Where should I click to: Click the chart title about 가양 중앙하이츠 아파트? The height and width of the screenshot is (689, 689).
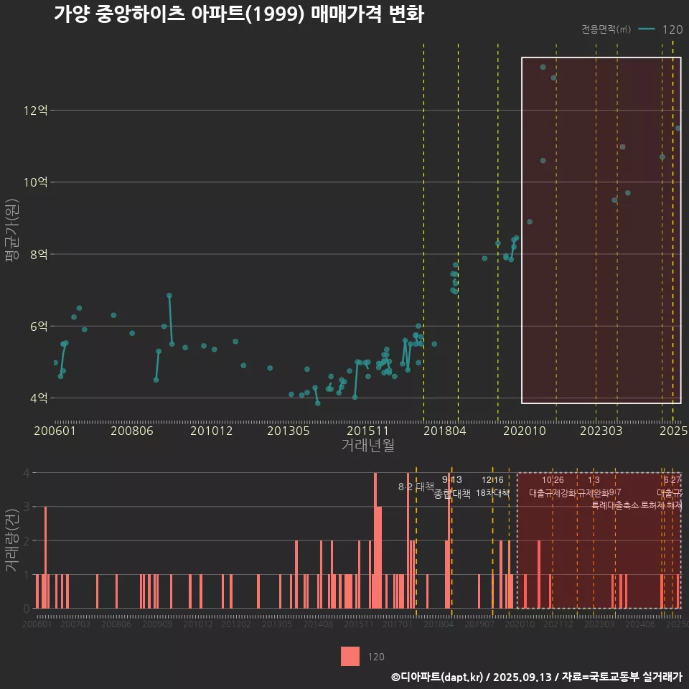[238, 14]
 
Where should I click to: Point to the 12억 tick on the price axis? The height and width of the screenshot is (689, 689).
[35, 111]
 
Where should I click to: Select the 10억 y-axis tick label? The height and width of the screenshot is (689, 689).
[35, 182]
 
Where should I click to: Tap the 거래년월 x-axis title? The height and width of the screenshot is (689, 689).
[367, 446]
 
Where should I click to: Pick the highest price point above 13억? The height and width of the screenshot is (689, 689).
[543, 67]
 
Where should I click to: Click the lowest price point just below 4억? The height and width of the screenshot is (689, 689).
[317, 403]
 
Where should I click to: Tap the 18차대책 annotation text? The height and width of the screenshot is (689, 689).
[492, 493]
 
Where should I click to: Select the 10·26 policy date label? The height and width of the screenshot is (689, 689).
[553, 480]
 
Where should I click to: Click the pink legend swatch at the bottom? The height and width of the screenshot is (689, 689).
[350, 656]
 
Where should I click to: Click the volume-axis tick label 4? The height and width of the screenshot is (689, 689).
[27, 473]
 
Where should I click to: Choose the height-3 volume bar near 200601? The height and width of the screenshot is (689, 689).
[45, 557]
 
